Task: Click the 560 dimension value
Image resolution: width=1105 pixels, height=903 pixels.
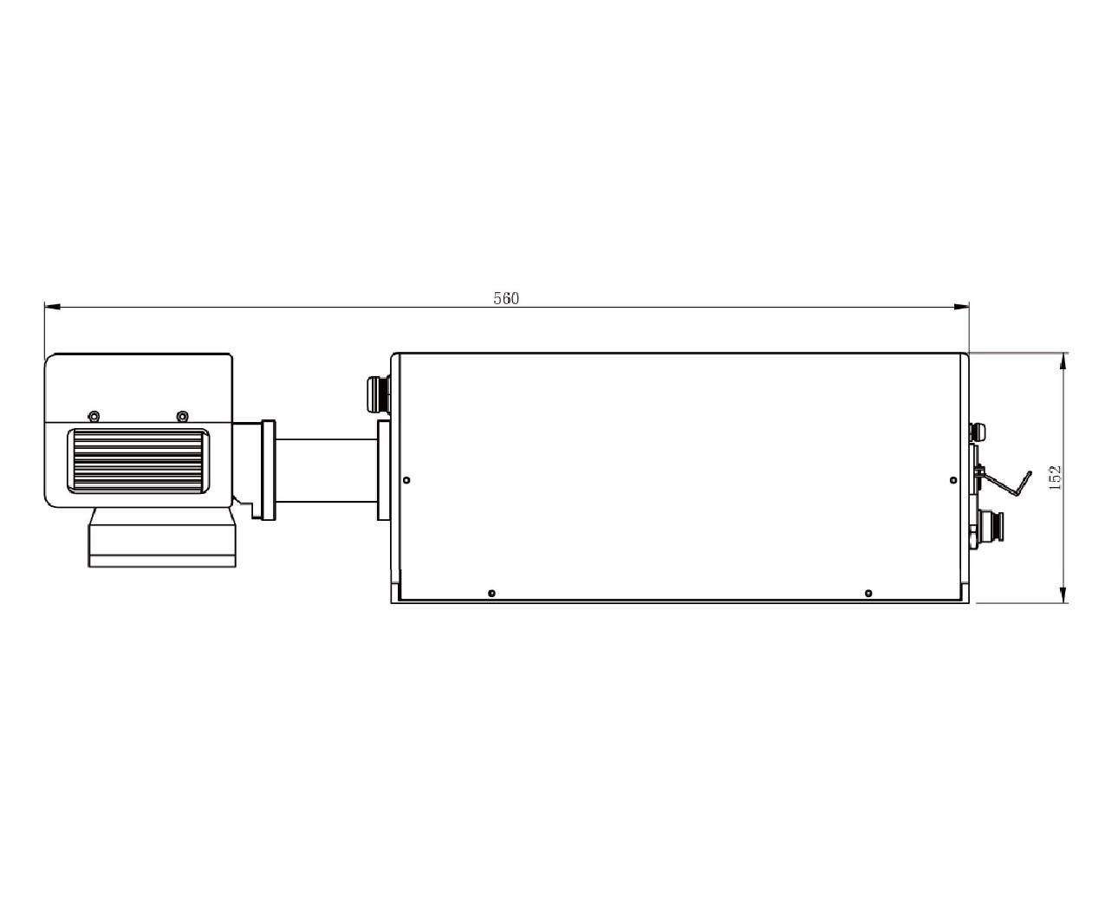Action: (505, 299)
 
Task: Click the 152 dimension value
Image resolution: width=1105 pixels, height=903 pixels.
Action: (1056, 477)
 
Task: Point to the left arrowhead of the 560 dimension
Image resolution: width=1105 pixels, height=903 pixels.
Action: (52, 307)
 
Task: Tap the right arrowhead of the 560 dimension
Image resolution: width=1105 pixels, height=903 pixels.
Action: (961, 307)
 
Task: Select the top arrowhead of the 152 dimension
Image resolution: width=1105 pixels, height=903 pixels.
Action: (1063, 361)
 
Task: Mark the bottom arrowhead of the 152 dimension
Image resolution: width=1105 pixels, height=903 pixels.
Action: (1063, 595)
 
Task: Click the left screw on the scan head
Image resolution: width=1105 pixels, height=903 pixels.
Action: (94, 417)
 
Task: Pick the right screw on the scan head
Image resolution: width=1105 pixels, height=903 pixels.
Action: (182, 417)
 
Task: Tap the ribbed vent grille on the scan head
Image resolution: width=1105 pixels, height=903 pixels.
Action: (138, 461)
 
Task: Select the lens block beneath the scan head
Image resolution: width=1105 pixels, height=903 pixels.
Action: (162, 537)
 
